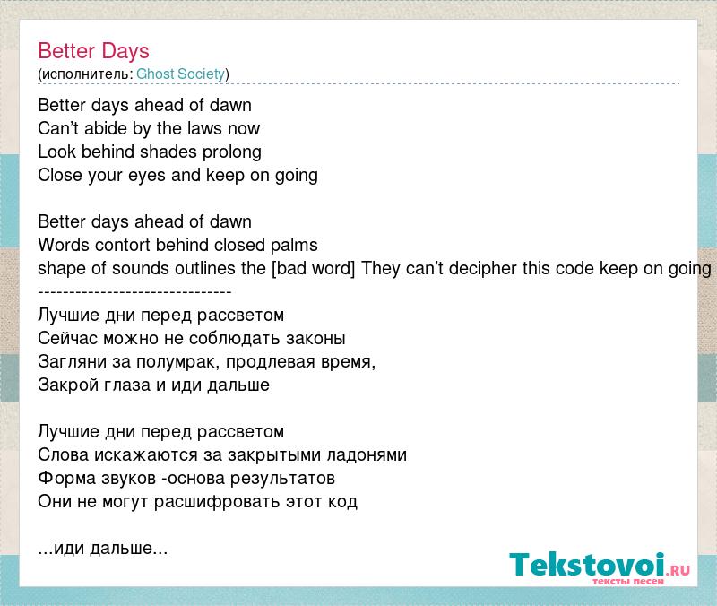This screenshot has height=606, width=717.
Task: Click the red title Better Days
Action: (x=93, y=52)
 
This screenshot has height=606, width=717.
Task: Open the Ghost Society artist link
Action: (x=181, y=74)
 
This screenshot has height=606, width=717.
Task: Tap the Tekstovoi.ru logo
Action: (x=600, y=567)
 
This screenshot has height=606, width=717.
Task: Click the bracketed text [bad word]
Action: (x=313, y=268)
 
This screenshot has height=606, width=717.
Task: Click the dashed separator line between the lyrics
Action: (x=134, y=292)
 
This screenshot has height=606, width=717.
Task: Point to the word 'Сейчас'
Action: (x=68, y=339)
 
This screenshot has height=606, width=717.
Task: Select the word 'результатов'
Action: (x=282, y=480)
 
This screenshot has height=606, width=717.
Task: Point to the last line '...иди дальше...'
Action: (x=103, y=549)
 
